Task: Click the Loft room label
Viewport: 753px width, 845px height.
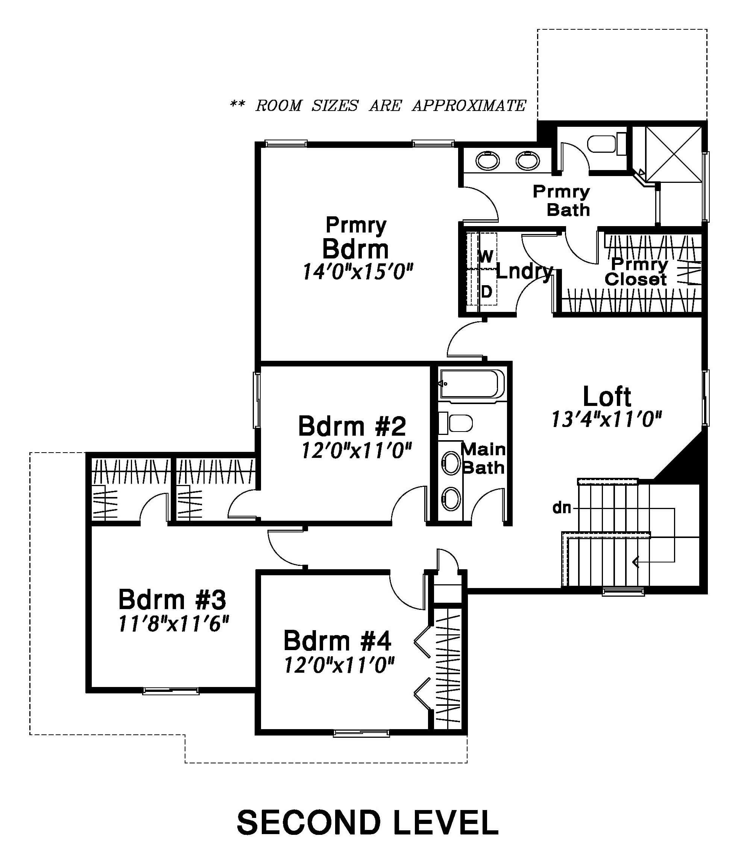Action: tap(607, 397)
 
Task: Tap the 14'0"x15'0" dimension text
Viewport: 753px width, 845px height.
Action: tap(358, 272)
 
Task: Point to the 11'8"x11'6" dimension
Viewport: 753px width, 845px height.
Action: tap(173, 624)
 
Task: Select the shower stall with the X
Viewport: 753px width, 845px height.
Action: tap(674, 154)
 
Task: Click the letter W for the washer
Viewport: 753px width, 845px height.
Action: tap(486, 257)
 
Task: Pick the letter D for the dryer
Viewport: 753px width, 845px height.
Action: tap(487, 292)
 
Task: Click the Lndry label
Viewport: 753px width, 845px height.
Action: tap(524, 272)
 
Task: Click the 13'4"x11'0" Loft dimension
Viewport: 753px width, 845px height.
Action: tap(607, 419)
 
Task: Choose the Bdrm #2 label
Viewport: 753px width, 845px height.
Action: tap(352, 426)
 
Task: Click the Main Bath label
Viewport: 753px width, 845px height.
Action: tap(483, 459)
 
